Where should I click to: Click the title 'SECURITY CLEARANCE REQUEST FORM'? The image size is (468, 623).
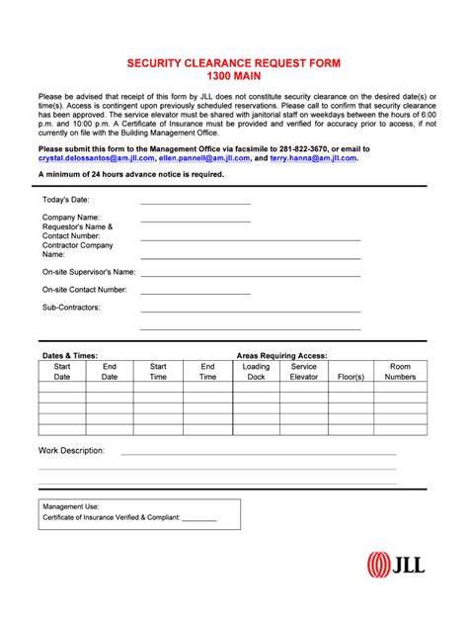coord(233,62)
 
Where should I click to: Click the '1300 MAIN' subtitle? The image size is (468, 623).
coord(233,76)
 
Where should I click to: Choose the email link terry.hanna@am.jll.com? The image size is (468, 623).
coord(313,157)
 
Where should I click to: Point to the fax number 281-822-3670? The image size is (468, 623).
coord(301,148)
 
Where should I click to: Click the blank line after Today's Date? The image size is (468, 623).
coord(195,202)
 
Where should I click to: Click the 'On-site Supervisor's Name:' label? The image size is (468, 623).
coord(89,271)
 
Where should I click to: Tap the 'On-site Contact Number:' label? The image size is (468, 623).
coord(85,290)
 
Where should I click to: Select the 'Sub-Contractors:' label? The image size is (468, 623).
coord(71,308)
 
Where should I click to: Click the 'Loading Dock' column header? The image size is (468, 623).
coord(256,372)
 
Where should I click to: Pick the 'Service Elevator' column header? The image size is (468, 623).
coord(304,372)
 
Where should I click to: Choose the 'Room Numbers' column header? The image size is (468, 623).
coord(401,372)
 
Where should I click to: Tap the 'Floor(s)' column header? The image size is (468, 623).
coord(351,377)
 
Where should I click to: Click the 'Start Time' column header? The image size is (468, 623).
coord(158,372)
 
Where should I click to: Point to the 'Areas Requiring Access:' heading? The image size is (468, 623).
coord(281,355)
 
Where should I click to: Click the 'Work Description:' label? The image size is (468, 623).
coord(72,450)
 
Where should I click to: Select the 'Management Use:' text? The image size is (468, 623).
coord(70,506)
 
